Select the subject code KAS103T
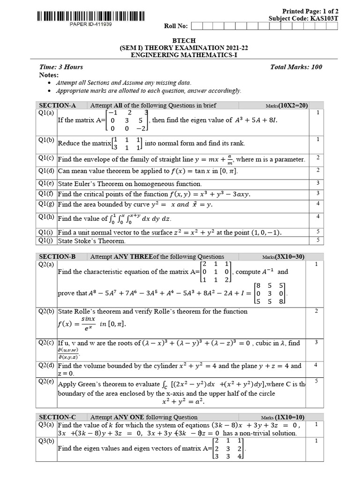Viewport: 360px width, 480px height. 322,18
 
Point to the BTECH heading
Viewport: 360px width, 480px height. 180,41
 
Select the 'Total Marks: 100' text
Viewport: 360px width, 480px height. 296,67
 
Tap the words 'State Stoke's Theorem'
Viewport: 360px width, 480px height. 92,241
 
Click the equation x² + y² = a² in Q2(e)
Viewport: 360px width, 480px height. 183,402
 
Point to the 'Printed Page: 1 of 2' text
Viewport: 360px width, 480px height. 308,11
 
